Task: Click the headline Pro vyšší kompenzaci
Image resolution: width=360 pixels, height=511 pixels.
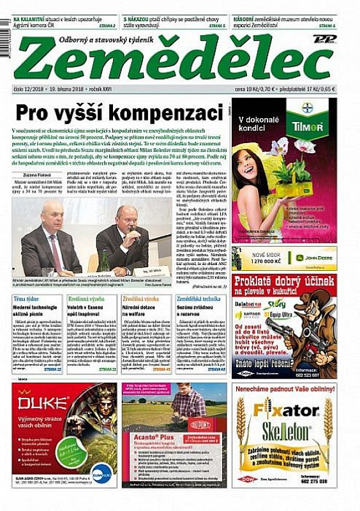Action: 115,113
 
